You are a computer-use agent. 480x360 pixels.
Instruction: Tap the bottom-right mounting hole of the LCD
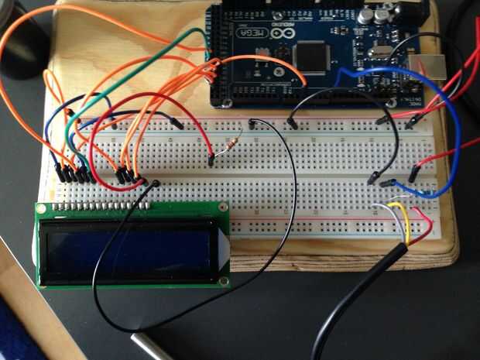pyautogui.click(x=224, y=281)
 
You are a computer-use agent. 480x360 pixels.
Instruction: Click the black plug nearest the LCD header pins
pyautogui.click(x=155, y=184)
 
